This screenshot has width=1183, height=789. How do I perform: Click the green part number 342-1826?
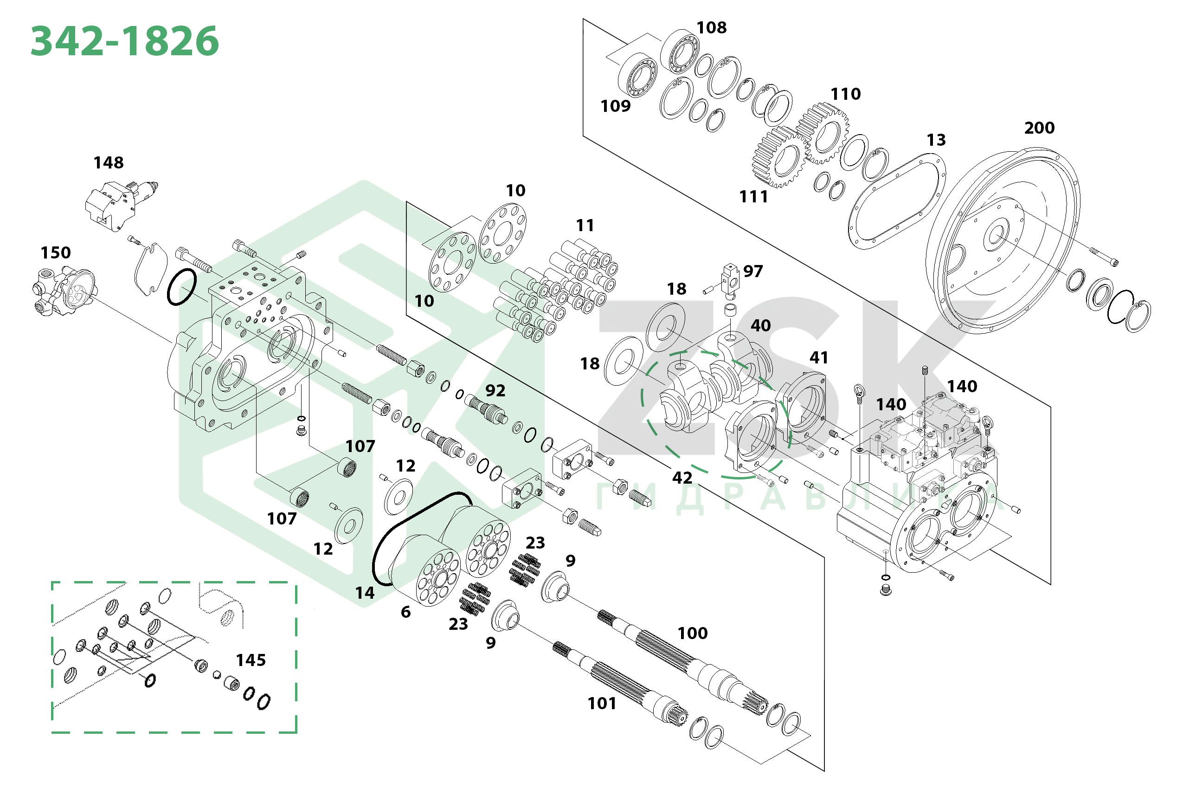click(x=125, y=41)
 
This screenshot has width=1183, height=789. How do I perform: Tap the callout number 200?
click(x=1039, y=128)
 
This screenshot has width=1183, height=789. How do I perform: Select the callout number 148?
click(x=109, y=162)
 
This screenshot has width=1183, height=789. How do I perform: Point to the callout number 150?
click(x=55, y=252)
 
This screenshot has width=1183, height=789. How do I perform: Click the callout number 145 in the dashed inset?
click(x=251, y=660)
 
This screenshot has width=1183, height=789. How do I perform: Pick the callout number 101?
click(x=602, y=704)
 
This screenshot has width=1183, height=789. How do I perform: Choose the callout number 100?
click(x=693, y=633)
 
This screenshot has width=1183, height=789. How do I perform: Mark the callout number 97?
click(x=753, y=272)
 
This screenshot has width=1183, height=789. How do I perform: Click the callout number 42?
click(x=682, y=478)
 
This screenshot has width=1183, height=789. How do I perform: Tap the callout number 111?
click(x=753, y=197)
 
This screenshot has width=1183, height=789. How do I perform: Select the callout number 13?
click(x=936, y=140)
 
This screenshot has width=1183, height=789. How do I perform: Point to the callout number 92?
click(x=495, y=390)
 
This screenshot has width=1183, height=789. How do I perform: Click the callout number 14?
click(x=365, y=593)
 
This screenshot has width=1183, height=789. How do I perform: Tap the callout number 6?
click(x=405, y=612)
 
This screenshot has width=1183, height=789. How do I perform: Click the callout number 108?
click(x=711, y=28)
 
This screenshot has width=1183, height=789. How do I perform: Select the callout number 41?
click(x=819, y=358)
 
